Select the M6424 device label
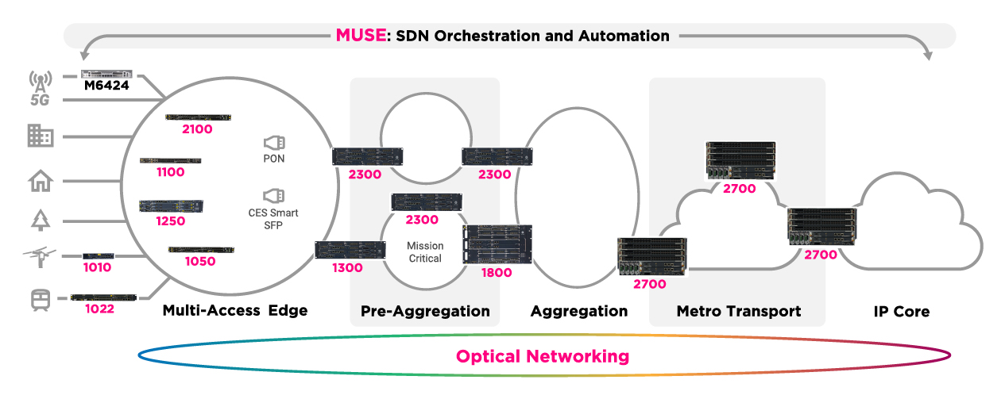(106, 86)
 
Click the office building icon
(40, 136)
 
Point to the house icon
(40, 182)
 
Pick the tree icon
(40, 220)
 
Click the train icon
(40, 300)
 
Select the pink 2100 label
(197, 129)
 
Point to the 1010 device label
(97, 267)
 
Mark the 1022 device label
(101, 309)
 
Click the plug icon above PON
(274, 143)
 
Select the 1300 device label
(347, 267)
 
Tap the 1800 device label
(497, 272)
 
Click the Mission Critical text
(424, 252)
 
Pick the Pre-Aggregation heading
(425, 311)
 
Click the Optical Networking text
(543, 356)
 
